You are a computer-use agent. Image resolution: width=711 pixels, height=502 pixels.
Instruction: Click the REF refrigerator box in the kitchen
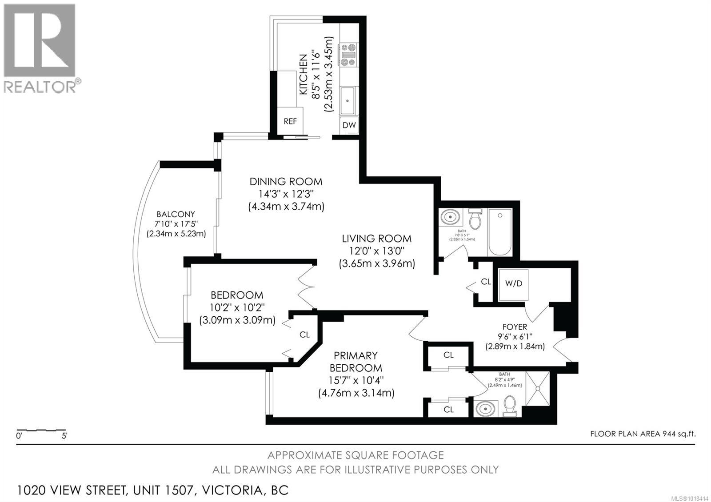click(x=290, y=121)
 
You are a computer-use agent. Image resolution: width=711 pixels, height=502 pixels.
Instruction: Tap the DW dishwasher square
click(x=349, y=125)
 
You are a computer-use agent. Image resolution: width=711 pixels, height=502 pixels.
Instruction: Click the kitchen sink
click(x=348, y=101)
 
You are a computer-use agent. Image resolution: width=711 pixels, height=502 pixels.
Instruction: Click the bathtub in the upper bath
click(x=500, y=232)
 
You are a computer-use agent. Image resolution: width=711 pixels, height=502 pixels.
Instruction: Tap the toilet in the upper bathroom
click(x=475, y=219)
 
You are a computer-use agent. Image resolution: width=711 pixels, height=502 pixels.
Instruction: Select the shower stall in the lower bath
click(x=537, y=389)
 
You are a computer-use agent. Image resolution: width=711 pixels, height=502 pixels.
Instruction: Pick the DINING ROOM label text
click(x=286, y=181)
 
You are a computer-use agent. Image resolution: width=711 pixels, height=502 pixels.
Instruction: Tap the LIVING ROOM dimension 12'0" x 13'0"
click(x=376, y=251)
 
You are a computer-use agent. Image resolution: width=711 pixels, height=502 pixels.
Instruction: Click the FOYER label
click(x=515, y=327)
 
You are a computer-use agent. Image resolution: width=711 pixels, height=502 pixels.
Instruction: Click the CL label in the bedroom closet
click(x=304, y=335)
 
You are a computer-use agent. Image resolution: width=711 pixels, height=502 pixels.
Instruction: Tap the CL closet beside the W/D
click(x=486, y=282)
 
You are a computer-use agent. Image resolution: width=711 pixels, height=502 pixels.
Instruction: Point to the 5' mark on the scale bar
click(x=64, y=436)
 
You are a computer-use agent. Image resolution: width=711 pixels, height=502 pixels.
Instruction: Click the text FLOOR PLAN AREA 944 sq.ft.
click(x=643, y=434)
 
